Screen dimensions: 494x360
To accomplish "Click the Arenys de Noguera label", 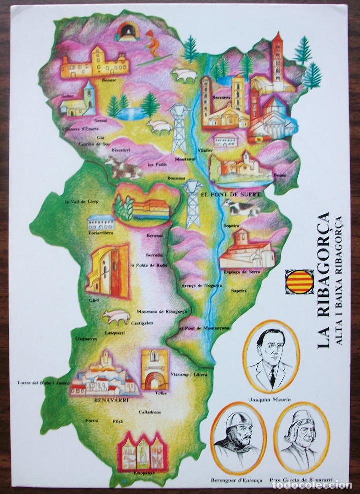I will point(197,285).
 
